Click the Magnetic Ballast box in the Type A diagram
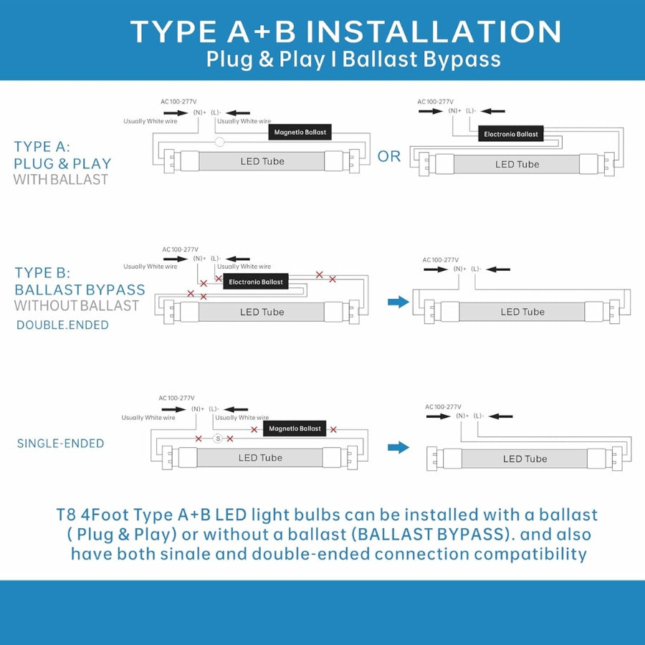tap(300, 132)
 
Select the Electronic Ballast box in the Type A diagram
tap(510, 134)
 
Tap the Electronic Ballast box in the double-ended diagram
tap(255, 282)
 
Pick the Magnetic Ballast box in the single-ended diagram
tap(295, 429)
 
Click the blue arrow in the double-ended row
tap(398, 302)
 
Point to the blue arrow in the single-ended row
tap(398, 447)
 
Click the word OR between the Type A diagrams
tap(388, 156)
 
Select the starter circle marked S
tap(218, 439)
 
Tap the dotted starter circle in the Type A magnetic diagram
tap(220, 143)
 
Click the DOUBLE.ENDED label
tap(62, 325)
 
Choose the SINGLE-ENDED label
tap(60, 444)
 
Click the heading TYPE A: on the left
tap(42, 146)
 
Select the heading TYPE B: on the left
tap(42, 273)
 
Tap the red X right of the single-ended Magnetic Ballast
tap(333, 429)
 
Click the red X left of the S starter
tap(199, 439)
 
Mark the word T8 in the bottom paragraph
tap(65, 515)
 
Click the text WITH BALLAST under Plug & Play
tap(60, 180)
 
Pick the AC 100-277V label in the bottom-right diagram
tap(443, 407)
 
